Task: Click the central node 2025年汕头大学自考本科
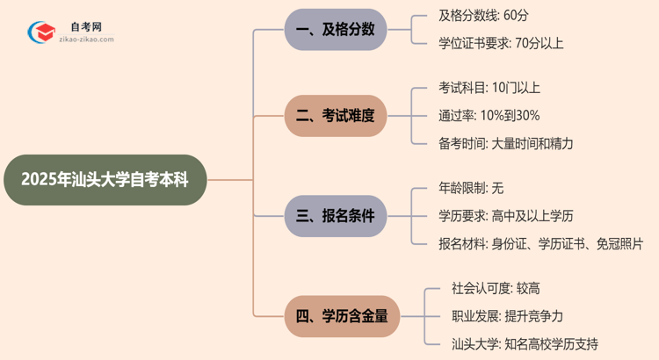(105, 180)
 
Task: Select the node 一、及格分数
(336, 29)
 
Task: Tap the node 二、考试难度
(336, 115)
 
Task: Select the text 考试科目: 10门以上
(489, 87)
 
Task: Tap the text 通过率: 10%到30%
(489, 115)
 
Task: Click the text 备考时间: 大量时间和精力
(506, 143)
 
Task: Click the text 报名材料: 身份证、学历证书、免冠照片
(540, 243)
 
